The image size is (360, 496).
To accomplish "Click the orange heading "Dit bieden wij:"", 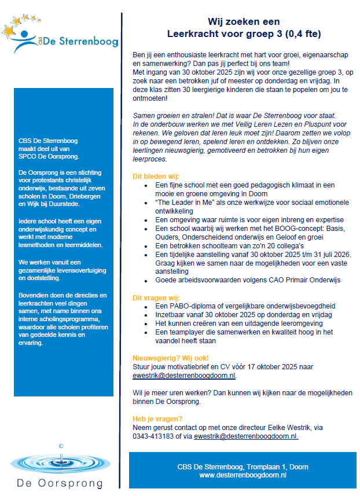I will pos(156,177).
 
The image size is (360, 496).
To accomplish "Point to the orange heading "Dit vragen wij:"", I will pos(156,298).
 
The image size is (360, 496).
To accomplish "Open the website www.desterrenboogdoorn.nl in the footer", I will pos(243,475).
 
